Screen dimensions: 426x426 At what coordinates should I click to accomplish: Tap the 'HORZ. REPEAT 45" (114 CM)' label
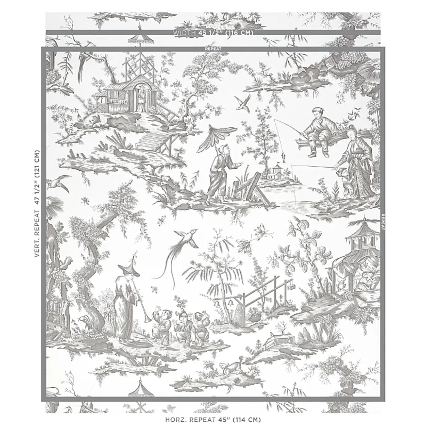(x=213, y=419)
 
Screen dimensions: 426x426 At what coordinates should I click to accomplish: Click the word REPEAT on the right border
(x=383, y=222)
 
